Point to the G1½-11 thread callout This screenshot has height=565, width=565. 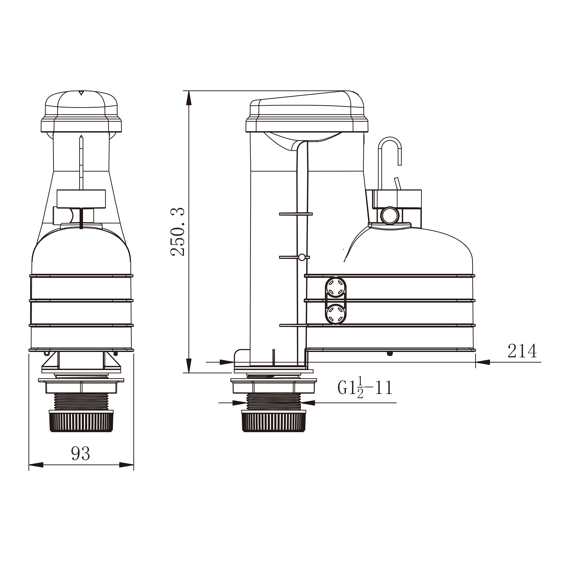[365, 388]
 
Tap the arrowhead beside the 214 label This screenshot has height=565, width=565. [483, 362]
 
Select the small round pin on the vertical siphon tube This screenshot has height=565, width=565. [301, 257]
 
